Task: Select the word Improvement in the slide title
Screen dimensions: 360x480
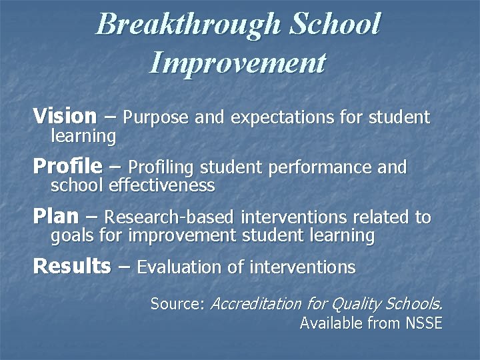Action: click(238, 63)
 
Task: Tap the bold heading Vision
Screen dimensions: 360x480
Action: click(65, 117)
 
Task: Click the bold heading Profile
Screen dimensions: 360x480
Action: click(67, 166)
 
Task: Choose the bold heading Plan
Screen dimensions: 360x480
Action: click(55, 216)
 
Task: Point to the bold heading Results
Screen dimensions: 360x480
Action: click(72, 266)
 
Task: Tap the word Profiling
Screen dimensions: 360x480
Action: click(161, 167)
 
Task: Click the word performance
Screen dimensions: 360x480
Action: click(319, 167)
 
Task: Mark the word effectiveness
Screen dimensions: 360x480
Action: click(162, 185)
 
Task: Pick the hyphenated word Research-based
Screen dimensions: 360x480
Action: click(170, 217)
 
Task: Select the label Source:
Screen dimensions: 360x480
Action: click(178, 304)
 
